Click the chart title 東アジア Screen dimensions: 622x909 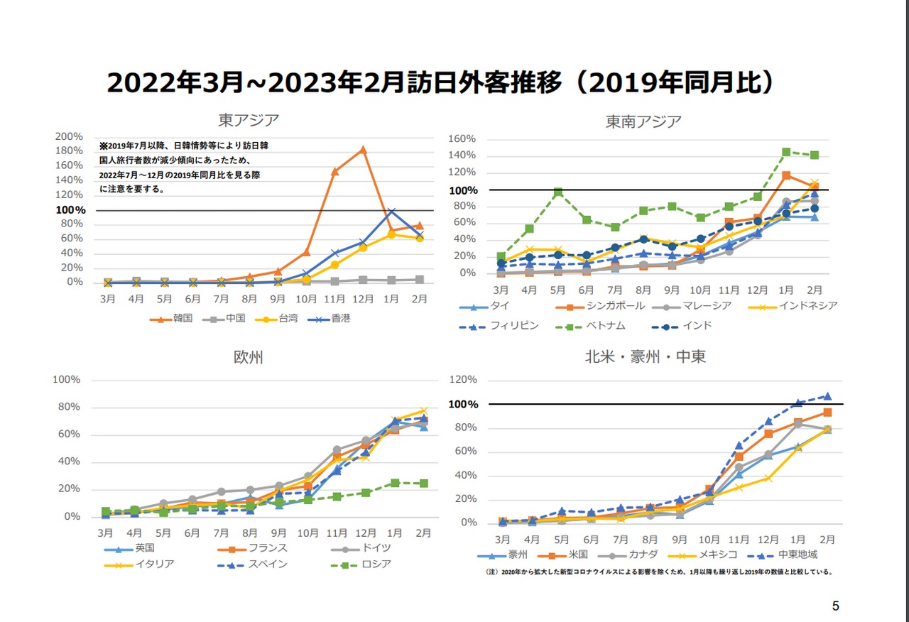[248, 119]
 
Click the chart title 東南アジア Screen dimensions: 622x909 [643, 121]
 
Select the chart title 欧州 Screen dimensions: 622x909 [248, 357]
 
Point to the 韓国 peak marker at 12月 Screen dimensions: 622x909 [363, 149]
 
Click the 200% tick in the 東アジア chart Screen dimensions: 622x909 [70, 136]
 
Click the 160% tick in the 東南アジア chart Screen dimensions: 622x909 [462, 138]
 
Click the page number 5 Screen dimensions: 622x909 [835, 606]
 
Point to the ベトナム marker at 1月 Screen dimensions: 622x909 [786, 152]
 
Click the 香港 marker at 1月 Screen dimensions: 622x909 [391, 212]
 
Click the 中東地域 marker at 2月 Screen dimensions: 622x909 [827, 396]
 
